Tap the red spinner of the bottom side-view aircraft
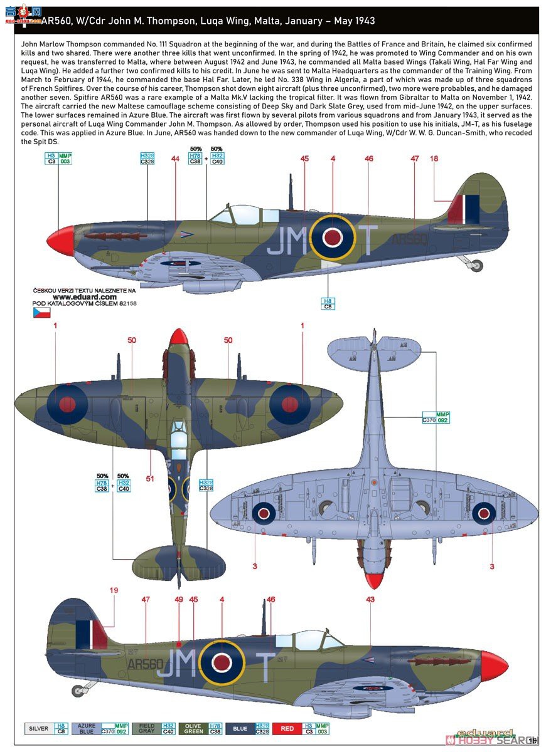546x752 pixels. (x=493, y=667)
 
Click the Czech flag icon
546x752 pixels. (x=41, y=313)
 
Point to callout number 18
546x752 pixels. (x=434, y=159)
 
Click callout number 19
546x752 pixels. (x=114, y=590)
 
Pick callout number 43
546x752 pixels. (x=370, y=600)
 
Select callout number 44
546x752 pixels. (x=175, y=159)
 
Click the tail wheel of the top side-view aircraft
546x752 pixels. (x=478, y=265)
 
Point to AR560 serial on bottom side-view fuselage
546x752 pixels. (x=145, y=663)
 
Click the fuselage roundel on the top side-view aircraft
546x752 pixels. (x=331, y=236)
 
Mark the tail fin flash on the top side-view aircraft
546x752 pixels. (x=464, y=209)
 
